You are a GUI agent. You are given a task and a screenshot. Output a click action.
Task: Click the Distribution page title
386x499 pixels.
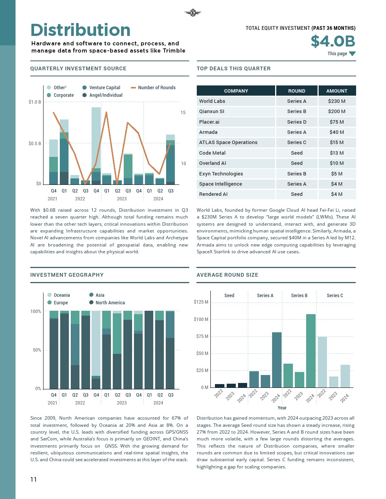tap(80, 30)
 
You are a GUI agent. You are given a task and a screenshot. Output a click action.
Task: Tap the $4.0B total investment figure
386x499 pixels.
tap(333, 41)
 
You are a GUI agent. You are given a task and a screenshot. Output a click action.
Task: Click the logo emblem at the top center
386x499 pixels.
tap(193, 13)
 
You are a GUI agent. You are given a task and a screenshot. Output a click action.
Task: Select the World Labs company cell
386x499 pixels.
tap(212, 101)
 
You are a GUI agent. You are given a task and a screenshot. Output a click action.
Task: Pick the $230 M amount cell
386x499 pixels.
tap(337, 101)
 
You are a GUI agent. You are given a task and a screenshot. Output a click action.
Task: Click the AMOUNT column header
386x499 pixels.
tap(337, 91)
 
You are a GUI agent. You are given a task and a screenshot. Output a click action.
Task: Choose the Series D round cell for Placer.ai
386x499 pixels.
tap(297, 122)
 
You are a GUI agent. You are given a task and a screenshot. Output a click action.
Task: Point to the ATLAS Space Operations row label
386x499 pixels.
tap(228, 143)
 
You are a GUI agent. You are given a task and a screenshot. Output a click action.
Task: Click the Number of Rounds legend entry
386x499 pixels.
tap(153, 88)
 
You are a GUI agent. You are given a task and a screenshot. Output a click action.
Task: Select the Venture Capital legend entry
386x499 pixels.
tap(101, 88)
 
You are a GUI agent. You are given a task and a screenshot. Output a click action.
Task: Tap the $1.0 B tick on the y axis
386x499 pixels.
tap(35, 102)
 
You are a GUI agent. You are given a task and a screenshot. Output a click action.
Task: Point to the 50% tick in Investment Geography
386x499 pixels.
tap(37, 350)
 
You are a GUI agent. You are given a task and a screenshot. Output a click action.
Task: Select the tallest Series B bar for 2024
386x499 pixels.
tap(311, 350)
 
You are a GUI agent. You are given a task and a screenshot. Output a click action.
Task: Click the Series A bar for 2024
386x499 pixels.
tap(277, 360)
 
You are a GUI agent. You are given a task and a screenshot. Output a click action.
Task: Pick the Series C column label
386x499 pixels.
tap(335, 296)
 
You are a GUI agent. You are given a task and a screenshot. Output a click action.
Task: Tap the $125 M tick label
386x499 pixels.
tap(201, 302)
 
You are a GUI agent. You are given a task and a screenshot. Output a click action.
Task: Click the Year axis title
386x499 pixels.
tap(282, 408)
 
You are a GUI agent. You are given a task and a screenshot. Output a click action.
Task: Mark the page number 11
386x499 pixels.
tap(33, 480)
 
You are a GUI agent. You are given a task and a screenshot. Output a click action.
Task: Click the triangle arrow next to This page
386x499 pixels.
tap(352, 54)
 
